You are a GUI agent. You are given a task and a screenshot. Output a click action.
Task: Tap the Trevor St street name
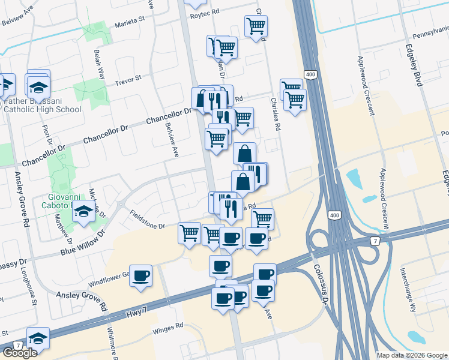pyautogui.click(x=127, y=79)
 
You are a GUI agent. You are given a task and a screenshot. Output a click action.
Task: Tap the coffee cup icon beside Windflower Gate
pyautogui.click(x=140, y=275)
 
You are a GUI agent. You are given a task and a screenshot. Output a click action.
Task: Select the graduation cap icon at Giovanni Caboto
pyautogui.click(x=83, y=211)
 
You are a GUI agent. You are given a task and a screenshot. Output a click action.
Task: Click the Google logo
pyautogui.click(x=20, y=353)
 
